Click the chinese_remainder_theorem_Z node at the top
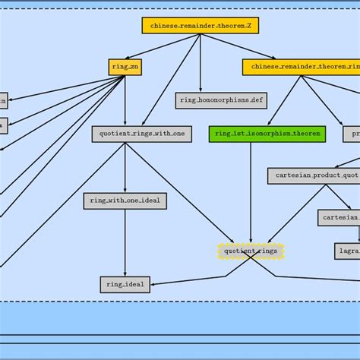point(201,25)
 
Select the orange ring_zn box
point(125,67)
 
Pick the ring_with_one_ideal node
point(125,201)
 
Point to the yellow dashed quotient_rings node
point(251,251)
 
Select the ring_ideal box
point(125,285)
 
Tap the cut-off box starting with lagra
point(347,251)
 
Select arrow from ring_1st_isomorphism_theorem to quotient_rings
point(251,190)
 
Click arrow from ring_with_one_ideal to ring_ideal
point(125,243)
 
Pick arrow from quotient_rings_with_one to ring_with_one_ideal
point(125,167)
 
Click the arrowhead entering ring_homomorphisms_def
point(201,90)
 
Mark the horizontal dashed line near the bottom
point(180,302)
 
